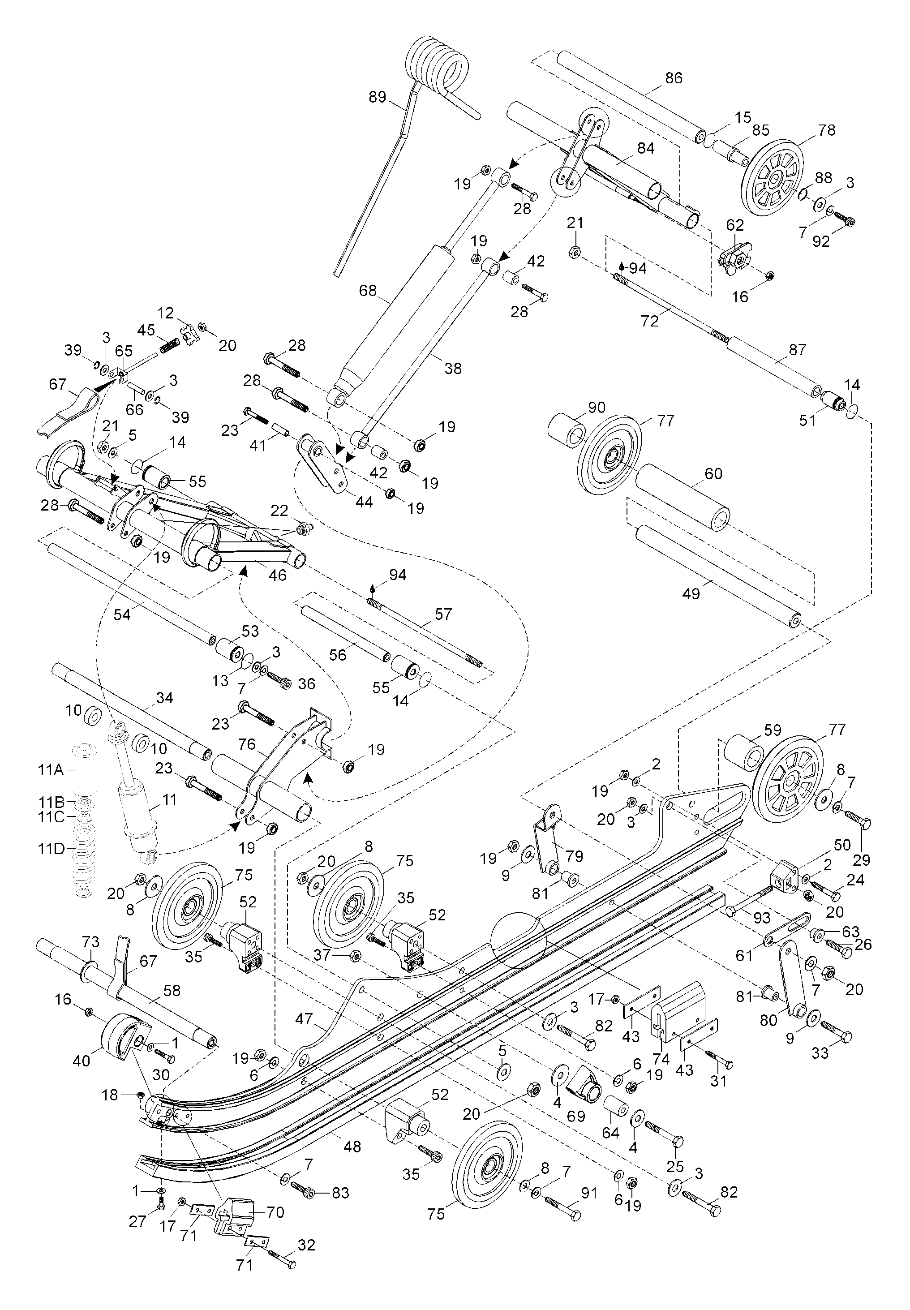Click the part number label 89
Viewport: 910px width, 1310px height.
378,98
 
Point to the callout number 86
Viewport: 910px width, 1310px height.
674,78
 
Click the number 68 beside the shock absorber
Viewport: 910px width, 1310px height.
368,291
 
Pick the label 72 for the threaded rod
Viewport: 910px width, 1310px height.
649,322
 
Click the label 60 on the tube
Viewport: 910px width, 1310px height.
713,474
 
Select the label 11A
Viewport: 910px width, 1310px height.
51,771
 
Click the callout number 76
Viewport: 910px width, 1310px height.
247,744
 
